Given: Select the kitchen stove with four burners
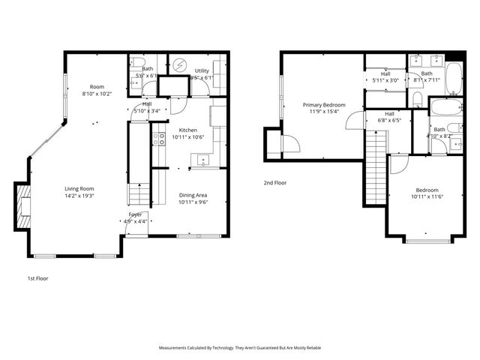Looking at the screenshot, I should point(159,138).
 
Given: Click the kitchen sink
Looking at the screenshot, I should point(201,159).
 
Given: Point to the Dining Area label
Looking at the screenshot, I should point(193,195).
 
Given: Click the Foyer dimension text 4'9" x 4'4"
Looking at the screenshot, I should point(135,221).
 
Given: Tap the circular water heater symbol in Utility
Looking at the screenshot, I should point(179,65).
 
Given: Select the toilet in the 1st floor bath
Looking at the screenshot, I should point(133,85).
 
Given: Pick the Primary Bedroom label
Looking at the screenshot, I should point(324,105).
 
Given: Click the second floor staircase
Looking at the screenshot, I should point(376,169).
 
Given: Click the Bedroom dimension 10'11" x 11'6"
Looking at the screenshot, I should point(427,196).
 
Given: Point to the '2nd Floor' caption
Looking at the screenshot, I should point(275,182).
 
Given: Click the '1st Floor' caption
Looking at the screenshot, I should point(38,277).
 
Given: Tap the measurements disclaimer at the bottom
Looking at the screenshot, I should point(240,348).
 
